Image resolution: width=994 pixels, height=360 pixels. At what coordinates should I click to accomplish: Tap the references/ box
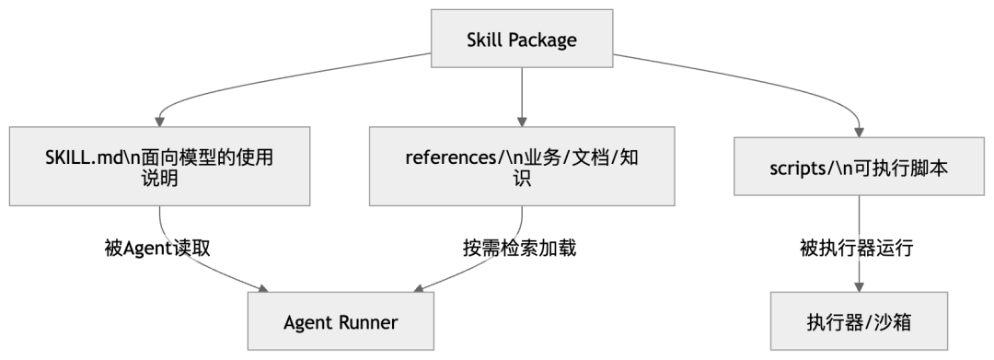522,167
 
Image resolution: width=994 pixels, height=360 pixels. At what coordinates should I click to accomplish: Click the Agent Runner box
341,322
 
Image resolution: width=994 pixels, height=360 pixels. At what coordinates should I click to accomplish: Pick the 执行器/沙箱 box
859,322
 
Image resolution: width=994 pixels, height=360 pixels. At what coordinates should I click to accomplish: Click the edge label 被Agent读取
158,249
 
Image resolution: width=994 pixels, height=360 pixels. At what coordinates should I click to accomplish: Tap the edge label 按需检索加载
520,249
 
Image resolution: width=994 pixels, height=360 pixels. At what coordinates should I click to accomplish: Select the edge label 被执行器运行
858,249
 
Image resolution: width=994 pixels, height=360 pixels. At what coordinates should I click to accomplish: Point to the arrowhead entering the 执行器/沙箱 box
859,287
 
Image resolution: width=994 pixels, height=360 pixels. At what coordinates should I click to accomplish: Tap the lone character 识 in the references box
522,179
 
